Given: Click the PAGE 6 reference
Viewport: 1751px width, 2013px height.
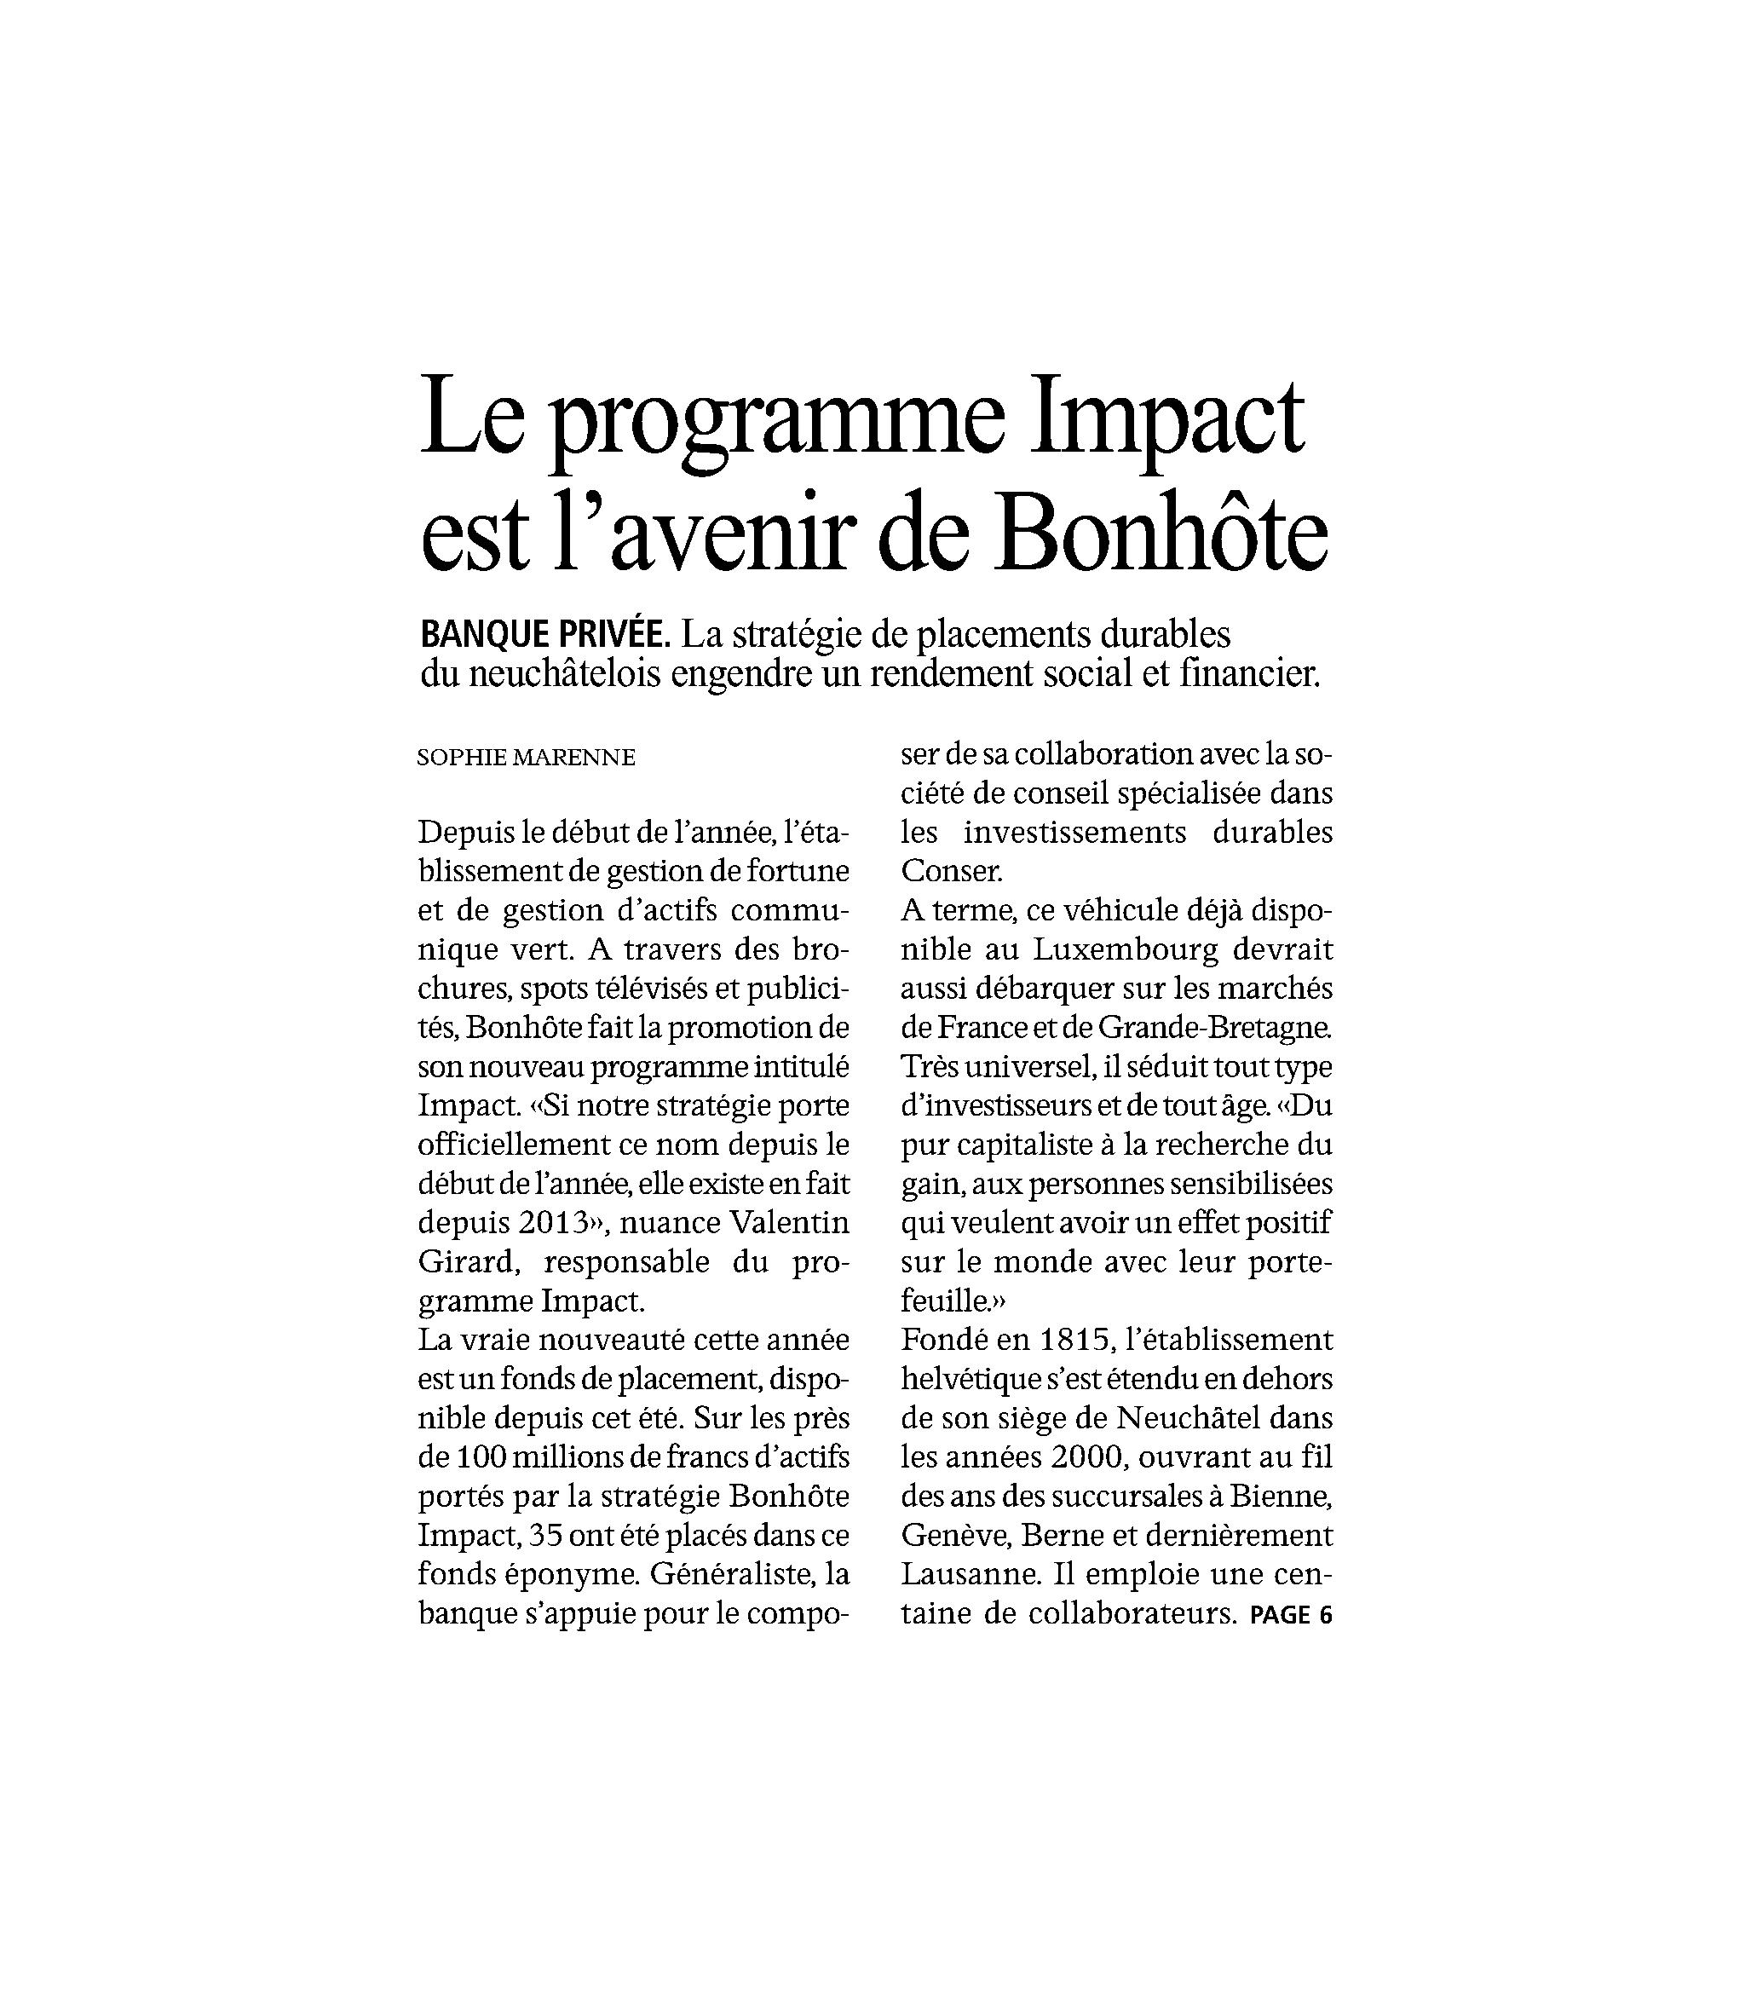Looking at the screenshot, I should click(x=1291, y=1615).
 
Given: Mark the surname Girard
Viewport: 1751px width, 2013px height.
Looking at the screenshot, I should click(x=465, y=1261).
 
